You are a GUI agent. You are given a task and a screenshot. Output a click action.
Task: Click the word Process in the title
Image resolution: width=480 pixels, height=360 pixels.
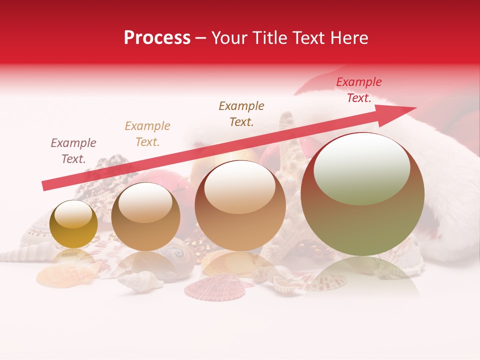[157, 38]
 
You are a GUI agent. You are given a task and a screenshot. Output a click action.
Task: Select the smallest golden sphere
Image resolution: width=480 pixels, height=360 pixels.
[73, 224]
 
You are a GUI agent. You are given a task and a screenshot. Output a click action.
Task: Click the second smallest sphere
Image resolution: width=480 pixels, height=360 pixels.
[145, 216]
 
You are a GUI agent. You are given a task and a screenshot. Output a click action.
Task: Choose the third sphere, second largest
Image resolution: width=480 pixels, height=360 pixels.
[240, 205]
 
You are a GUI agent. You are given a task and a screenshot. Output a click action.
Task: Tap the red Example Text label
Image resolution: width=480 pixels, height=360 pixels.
[359, 90]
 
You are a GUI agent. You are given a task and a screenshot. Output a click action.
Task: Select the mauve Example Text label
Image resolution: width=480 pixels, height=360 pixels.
[73, 151]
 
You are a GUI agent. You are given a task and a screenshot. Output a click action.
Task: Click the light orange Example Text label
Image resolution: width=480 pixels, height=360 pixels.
[147, 134]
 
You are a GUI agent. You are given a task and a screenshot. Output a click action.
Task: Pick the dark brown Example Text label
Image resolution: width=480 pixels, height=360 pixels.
[241, 113]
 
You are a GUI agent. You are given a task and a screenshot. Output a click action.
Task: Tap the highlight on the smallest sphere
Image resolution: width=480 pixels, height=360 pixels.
[73, 215]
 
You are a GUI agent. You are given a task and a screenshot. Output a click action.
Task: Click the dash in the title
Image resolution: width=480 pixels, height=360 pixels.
[201, 38]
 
